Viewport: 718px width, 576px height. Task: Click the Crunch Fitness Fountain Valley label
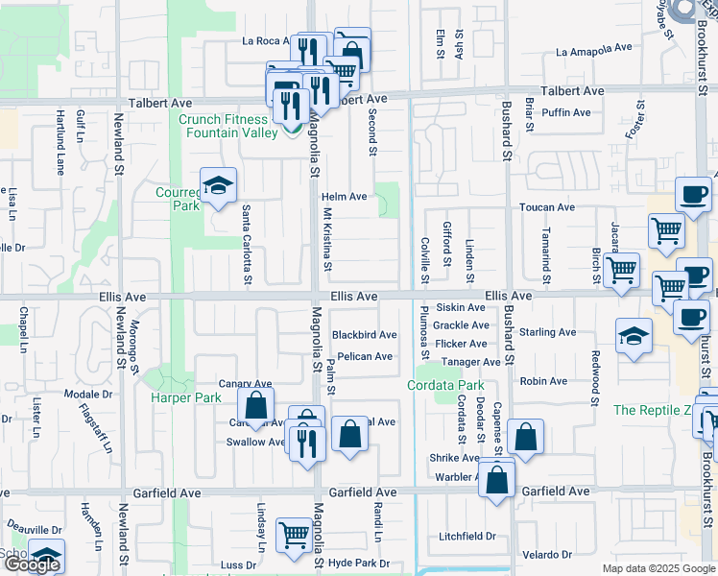coord(222,127)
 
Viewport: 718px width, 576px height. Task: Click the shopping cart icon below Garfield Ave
coord(293,535)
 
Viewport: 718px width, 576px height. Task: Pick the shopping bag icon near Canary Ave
coord(256,405)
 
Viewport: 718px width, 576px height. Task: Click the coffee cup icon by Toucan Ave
coord(691,193)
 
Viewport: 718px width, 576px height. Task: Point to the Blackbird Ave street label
coord(364,335)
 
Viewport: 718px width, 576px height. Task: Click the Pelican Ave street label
coord(364,357)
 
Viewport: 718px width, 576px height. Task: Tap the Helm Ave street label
coord(345,197)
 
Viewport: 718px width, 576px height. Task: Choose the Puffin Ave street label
coord(565,112)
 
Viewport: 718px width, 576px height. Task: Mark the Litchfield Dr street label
coord(466,537)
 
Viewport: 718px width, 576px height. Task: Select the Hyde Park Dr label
coord(358,564)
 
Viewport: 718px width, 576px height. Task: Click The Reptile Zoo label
coord(653,410)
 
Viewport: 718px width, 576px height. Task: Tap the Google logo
coord(33,564)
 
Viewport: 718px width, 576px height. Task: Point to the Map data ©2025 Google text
coord(658,568)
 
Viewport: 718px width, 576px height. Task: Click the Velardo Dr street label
coord(547,555)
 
